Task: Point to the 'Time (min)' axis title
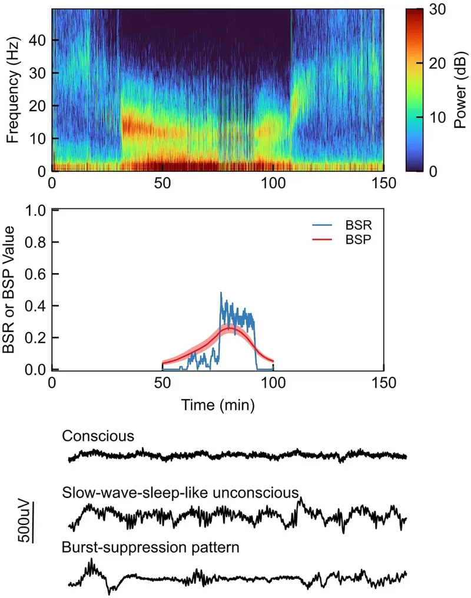[x=218, y=405]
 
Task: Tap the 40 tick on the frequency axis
[x=39, y=40]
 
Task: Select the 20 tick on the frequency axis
[x=39, y=106]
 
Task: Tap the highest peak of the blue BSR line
[x=221, y=293]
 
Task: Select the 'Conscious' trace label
[x=98, y=437]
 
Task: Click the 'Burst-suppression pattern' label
[x=150, y=547]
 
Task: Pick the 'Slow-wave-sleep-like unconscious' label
[x=180, y=493]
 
